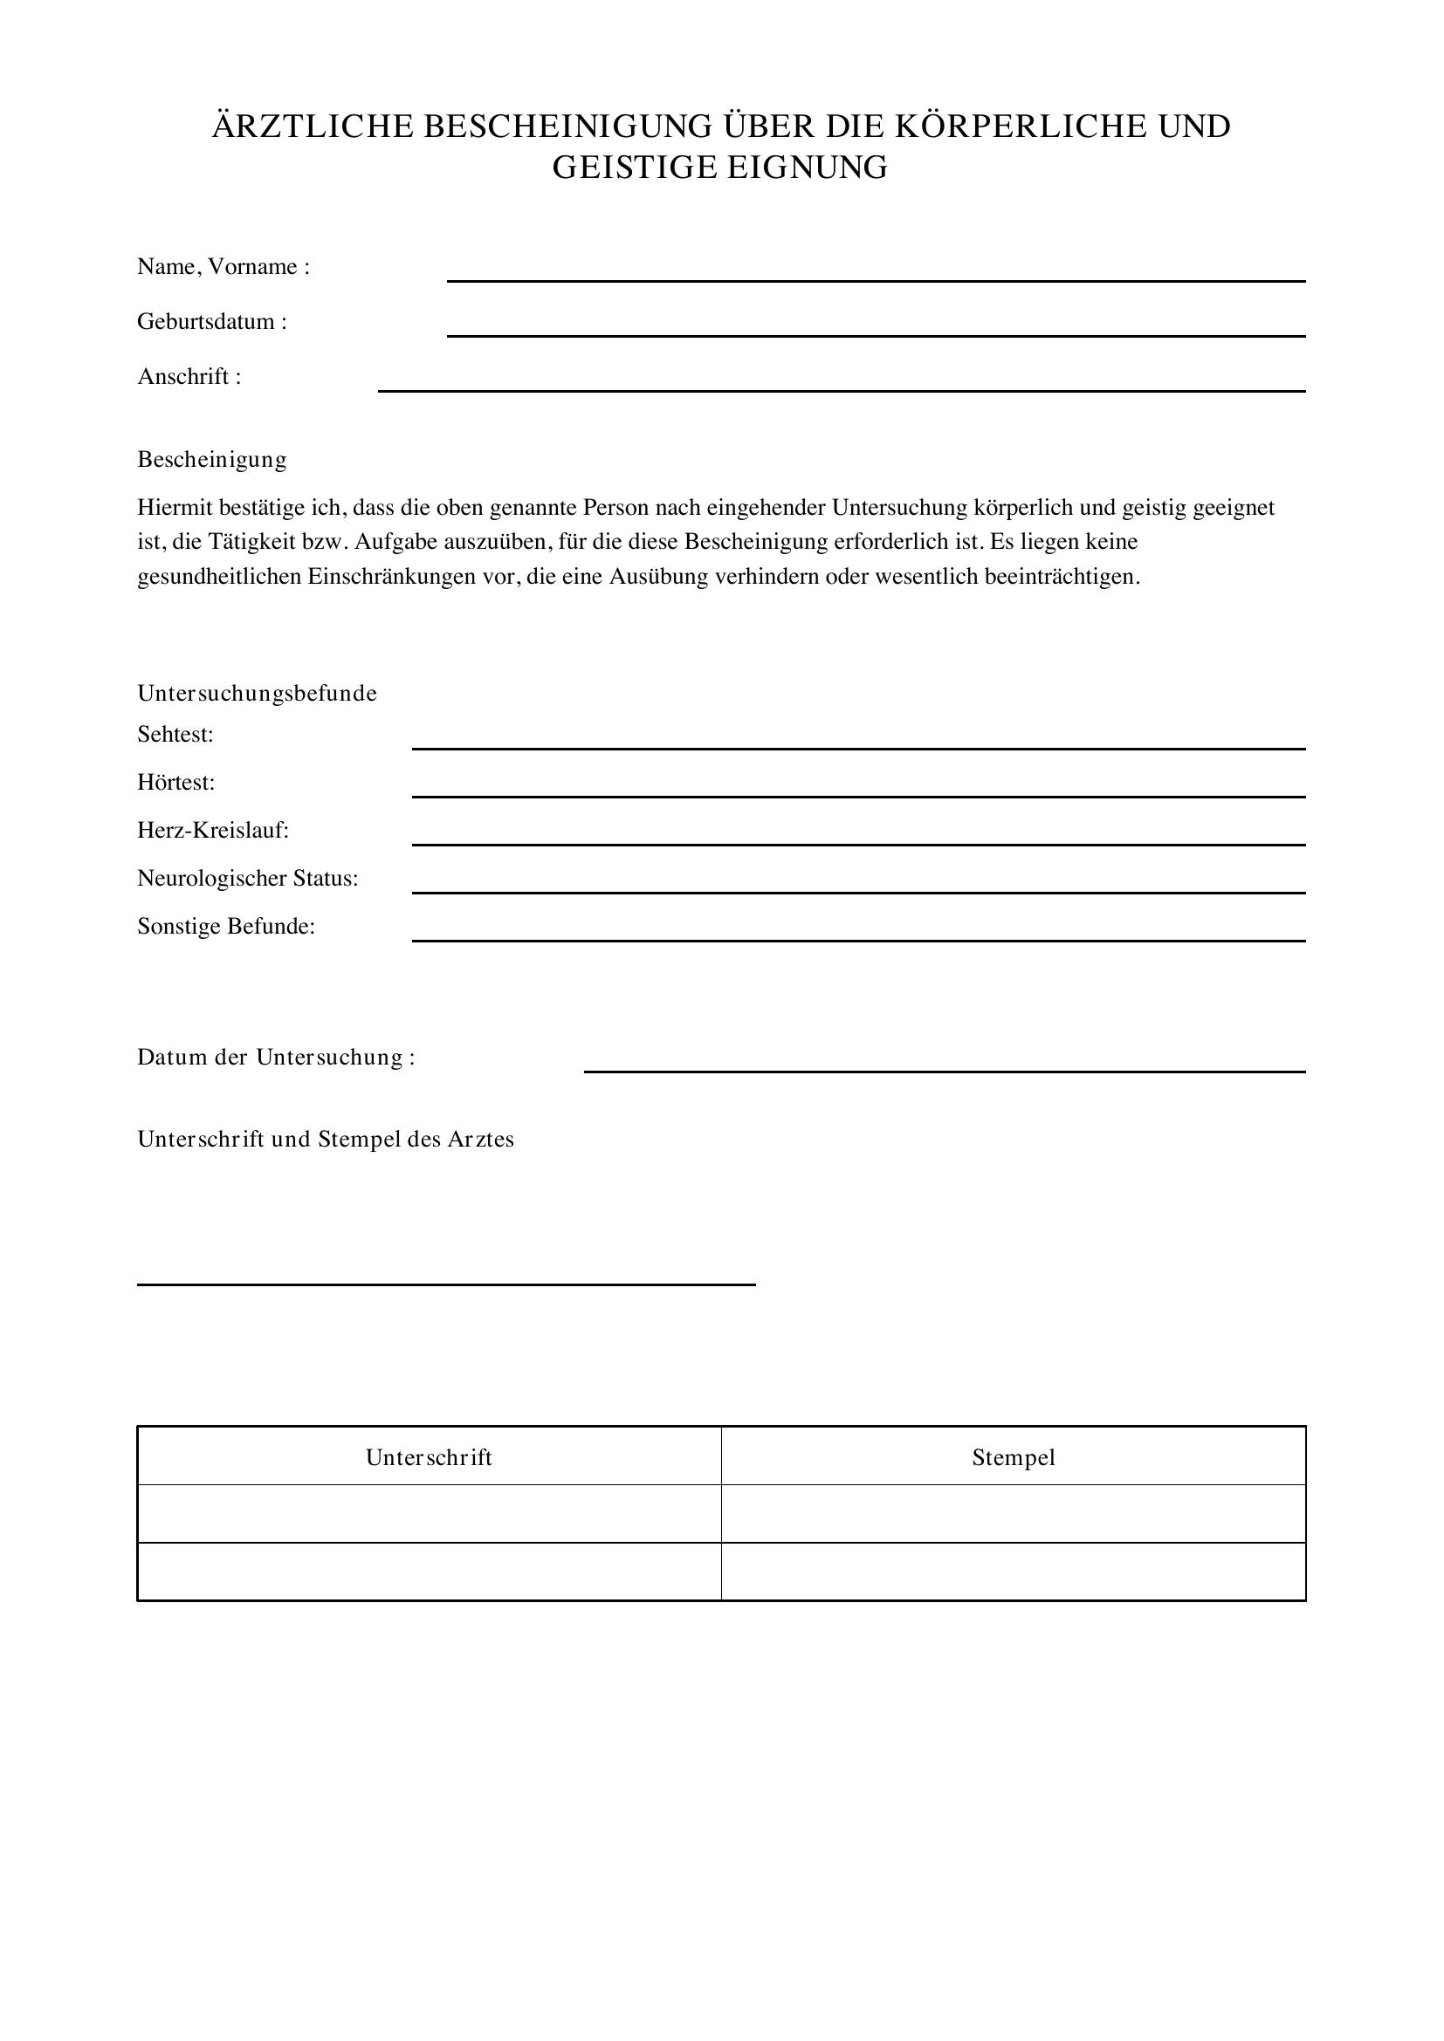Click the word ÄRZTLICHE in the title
(x=313, y=127)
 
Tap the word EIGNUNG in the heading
(x=808, y=168)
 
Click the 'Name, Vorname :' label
(x=223, y=267)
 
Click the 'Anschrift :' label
(x=189, y=377)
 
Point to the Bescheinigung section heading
(x=211, y=460)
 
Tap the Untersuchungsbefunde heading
(x=257, y=694)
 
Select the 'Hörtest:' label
(x=176, y=782)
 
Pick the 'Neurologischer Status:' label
(x=247, y=879)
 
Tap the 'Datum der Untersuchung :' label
(x=276, y=1057)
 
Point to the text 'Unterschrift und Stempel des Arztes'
(x=326, y=1139)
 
